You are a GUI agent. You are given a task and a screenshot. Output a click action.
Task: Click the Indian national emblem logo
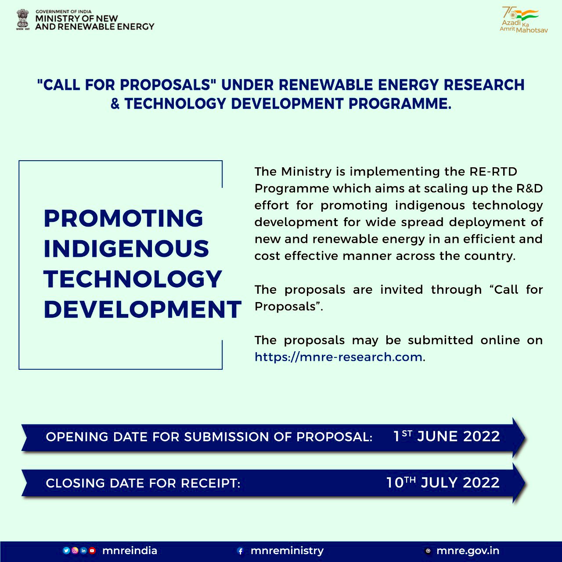coord(23,20)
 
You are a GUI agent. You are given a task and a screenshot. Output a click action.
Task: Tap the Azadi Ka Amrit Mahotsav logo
coord(523,20)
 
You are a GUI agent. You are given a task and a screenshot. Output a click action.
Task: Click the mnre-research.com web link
coord(339,357)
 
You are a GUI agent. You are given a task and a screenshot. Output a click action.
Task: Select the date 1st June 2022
coord(447,436)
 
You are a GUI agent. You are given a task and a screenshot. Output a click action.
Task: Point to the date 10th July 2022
coord(443,483)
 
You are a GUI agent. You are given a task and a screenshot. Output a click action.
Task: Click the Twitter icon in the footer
coord(66,551)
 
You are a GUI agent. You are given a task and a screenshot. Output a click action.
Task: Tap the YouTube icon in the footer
coord(92,551)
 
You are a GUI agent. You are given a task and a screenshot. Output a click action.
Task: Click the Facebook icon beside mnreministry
coord(240,551)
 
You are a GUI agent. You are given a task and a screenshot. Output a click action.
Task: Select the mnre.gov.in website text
coord(468,551)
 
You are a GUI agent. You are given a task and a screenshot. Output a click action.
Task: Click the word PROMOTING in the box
coord(123,218)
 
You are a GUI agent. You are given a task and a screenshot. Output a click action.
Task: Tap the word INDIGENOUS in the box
coord(126,249)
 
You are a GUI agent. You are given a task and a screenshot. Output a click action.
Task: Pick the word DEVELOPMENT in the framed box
coord(143,309)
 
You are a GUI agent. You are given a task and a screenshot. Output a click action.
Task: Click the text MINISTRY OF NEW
coord(76,18)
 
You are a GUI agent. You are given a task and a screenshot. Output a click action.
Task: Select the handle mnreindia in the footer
coord(130,551)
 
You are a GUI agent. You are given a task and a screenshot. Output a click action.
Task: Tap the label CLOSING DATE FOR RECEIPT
coord(143,483)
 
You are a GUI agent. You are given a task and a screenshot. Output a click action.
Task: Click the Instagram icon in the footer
coord(75,551)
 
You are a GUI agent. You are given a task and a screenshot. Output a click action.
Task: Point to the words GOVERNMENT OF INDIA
coord(63,11)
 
